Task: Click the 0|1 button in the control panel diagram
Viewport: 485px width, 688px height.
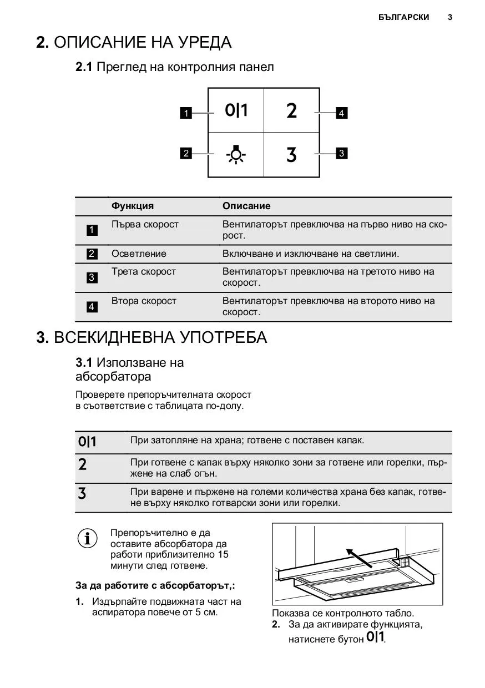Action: [x=236, y=110]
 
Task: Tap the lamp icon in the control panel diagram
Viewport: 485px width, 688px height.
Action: [x=236, y=155]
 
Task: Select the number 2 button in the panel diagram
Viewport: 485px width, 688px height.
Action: [x=292, y=111]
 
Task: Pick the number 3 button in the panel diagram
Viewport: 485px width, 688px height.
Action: [x=292, y=155]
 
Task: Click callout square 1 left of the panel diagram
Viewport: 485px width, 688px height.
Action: [x=186, y=114]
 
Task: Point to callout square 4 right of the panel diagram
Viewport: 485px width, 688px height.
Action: [x=342, y=114]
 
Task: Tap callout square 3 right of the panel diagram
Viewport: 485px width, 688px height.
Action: [x=342, y=153]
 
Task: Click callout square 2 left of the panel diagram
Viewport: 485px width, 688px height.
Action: [x=186, y=153]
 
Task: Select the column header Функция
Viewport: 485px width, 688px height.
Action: [x=133, y=206]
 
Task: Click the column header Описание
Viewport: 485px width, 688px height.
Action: [x=246, y=206]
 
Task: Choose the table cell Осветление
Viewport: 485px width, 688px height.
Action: [x=139, y=254]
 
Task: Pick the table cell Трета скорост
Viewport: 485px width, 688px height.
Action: [x=144, y=271]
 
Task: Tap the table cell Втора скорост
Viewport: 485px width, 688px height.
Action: [x=144, y=301]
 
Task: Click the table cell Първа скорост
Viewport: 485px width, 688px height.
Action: [x=145, y=224]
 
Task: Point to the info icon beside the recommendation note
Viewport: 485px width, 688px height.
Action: [x=87, y=539]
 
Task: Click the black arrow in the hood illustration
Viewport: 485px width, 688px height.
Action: [x=358, y=557]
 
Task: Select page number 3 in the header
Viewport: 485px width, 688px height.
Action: [x=450, y=17]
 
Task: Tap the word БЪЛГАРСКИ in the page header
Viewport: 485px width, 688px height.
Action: [x=404, y=17]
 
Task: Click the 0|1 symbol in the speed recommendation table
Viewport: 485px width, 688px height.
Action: [x=87, y=442]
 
